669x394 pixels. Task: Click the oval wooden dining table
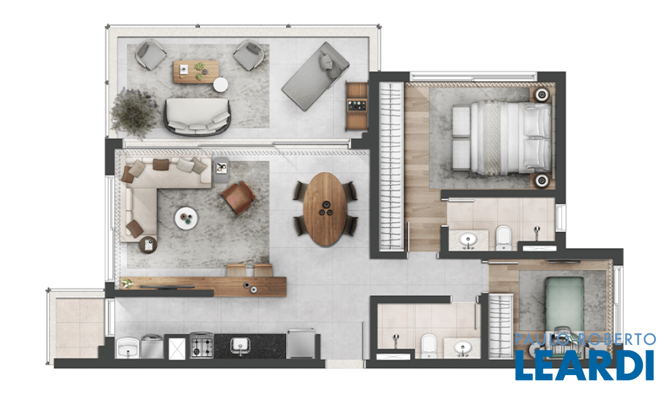(x=325, y=208)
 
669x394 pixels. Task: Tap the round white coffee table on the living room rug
(x=186, y=218)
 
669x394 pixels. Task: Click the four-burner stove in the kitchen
(x=201, y=346)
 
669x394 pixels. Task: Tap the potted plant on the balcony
(x=134, y=112)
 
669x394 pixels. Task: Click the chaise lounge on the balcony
(x=316, y=76)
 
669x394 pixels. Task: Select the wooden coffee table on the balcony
(x=196, y=71)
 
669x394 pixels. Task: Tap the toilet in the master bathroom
(x=504, y=238)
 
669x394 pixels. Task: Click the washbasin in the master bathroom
(x=468, y=240)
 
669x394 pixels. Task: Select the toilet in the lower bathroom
(x=429, y=346)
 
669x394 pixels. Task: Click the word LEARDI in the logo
(x=585, y=365)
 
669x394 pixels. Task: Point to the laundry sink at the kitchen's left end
(x=127, y=348)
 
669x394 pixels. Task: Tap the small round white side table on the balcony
(x=221, y=84)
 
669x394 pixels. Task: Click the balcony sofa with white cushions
(x=197, y=116)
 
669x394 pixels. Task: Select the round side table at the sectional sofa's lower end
(x=148, y=245)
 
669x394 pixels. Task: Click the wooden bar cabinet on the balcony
(x=357, y=107)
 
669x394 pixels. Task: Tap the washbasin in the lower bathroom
(x=462, y=348)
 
